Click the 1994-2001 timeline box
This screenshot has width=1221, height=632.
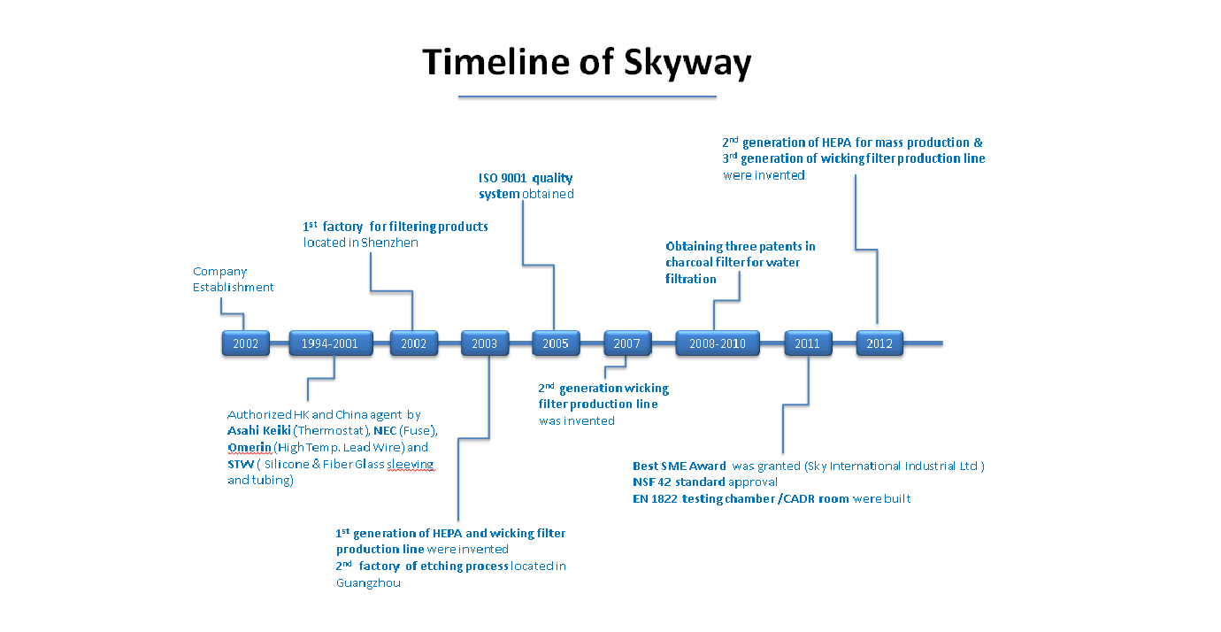coord(331,343)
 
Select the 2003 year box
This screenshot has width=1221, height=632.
coord(485,343)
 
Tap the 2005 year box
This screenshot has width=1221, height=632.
coord(556,343)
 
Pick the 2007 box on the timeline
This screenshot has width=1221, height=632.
coord(626,343)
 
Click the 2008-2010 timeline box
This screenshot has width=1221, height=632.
coord(718,343)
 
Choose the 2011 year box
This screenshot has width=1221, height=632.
coord(808,343)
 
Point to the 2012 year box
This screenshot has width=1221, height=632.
coord(879,343)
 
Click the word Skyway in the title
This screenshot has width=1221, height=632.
coord(687,63)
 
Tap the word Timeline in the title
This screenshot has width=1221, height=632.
coord(496,61)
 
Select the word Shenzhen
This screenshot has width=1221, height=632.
coord(389,243)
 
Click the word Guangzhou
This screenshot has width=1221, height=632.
coord(368,583)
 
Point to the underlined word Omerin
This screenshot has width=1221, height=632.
coord(250,448)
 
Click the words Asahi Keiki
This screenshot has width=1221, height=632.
coord(259,431)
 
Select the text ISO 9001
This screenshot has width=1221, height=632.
coord(503,178)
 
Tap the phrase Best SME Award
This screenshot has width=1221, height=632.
coord(680,466)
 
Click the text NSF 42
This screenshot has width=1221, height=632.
coord(652,482)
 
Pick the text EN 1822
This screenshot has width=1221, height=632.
coord(655,499)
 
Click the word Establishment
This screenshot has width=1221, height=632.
coord(233,288)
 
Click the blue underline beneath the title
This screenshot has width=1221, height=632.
coord(587,97)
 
